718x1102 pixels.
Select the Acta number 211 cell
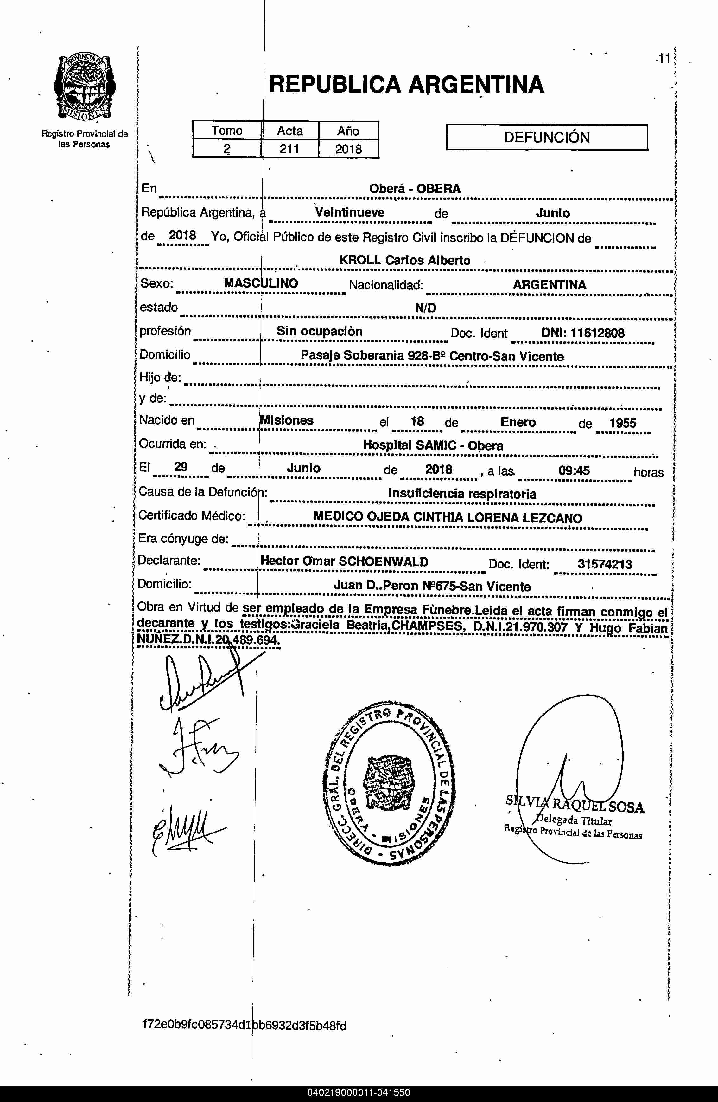289,149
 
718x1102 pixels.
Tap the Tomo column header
227,131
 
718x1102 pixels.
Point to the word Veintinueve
350,212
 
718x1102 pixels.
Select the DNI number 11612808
597,333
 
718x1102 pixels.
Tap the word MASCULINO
261,283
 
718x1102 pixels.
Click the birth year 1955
623,423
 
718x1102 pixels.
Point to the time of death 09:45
574,471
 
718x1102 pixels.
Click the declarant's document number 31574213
605,564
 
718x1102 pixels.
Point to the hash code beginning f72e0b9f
244,1025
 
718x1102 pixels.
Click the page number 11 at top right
664,59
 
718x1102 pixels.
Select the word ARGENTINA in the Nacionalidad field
549,285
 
